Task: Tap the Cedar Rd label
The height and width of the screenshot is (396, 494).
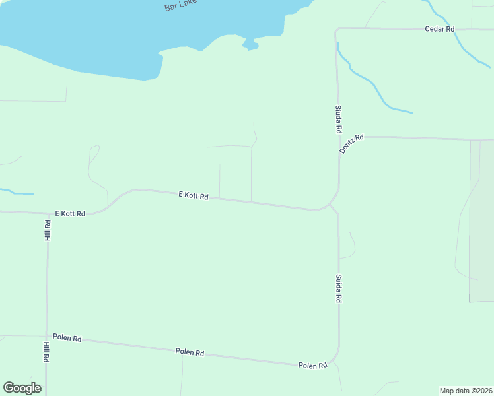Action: [440, 29]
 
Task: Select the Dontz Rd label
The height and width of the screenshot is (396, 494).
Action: [351, 144]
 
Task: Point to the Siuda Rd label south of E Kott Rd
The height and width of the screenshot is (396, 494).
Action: [338, 288]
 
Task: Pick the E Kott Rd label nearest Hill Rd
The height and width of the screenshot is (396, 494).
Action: [70, 213]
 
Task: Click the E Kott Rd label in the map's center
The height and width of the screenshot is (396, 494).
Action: [194, 196]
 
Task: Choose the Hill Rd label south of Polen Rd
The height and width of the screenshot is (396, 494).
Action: [46, 352]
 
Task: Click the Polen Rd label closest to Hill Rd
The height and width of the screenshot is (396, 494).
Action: [67, 338]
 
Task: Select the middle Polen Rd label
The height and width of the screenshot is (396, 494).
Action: [190, 352]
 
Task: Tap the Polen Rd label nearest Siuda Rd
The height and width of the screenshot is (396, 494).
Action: [312, 365]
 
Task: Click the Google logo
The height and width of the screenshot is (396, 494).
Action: [22, 388]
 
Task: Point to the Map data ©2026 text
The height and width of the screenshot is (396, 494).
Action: [466, 390]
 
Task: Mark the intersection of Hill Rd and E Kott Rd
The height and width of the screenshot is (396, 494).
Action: [48, 213]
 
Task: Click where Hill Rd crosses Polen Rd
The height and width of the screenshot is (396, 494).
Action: [46, 336]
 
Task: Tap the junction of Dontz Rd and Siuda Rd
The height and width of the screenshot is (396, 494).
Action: [339, 137]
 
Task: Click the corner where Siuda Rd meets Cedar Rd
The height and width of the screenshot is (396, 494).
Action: [337, 29]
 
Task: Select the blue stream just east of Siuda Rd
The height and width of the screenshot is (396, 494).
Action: [370, 82]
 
